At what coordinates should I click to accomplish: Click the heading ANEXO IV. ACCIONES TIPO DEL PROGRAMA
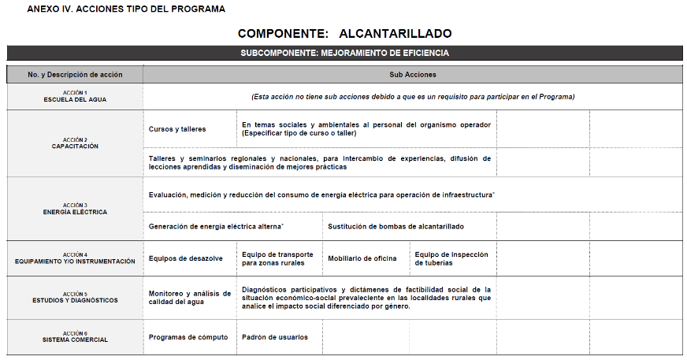(x=126, y=9)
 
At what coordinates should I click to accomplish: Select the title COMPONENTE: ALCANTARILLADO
(x=344, y=33)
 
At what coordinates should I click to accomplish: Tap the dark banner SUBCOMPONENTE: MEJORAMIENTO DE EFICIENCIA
(x=344, y=53)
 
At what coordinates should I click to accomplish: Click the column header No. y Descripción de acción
(x=75, y=75)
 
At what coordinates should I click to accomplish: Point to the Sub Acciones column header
(x=412, y=75)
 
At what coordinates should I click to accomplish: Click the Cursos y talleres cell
(x=177, y=129)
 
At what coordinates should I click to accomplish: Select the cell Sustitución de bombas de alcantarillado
(x=396, y=226)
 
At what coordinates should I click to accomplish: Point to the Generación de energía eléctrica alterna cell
(x=216, y=226)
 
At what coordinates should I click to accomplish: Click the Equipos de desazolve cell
(x=186, y=258)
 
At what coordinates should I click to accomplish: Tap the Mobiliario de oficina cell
(x=362, y=258)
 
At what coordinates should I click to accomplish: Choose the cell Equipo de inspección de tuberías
(x=451, y=258)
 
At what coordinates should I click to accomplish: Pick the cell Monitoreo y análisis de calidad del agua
(x=189, y=298)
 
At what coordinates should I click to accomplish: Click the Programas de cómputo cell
(x=188, y=337)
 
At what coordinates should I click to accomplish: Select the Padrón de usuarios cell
(x=275, y=337)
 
